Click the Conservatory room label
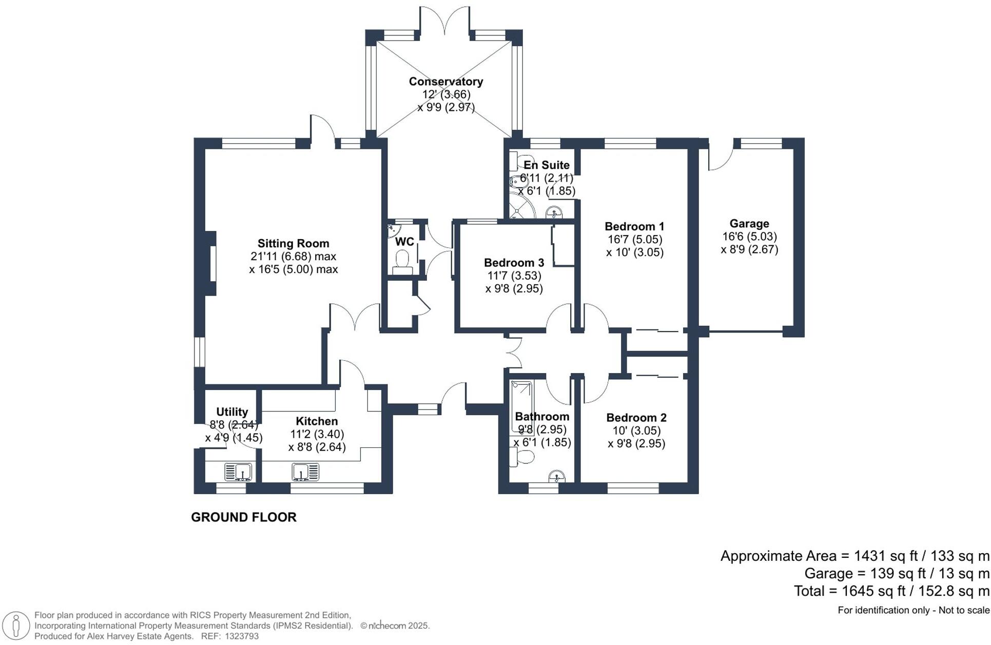coord(445,81)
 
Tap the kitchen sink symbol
coord(305,472)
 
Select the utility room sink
coord(238,472)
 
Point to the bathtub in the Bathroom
coord(522,405)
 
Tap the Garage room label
coord(749,223)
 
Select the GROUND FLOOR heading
coord(243,517)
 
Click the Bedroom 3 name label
coord(514,263)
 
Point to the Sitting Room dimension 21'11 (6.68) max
coord(293,256)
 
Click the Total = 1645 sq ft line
coord(891,591)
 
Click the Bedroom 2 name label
coord(636,418)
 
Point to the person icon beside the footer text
coord(16,626)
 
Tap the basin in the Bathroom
coord(557,477)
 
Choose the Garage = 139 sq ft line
coord(896,574)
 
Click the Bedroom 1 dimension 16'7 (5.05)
coord(634,239)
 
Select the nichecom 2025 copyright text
coord(395,626)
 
